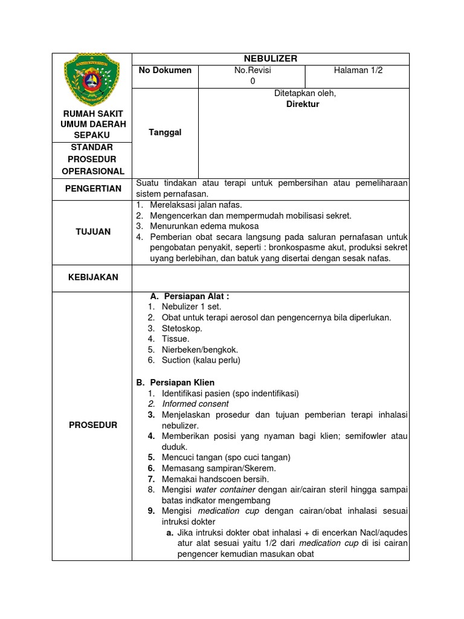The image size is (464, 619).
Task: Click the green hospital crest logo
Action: (x=92, y=79)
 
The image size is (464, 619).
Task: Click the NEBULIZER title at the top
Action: (x=270, y=59)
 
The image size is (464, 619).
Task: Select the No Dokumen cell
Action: (x=165, y=70)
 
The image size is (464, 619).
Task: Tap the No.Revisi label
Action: (x=253, y=70)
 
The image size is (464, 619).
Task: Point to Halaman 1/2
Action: (x=358, y=70)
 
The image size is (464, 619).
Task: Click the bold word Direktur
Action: (x=303, y=104)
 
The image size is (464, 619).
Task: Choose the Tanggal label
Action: (x=165, y=132)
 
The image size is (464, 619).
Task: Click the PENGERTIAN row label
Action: (x=94, y=189)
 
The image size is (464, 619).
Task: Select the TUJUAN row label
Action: (x=94, y=232)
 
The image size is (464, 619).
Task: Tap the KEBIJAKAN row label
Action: (x=94, y=277)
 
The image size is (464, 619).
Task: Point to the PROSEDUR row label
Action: (x=94, y=425)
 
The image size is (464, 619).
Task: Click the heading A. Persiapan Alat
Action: (x=189, y=296)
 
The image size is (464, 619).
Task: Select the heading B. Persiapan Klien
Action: (x=176, y=383)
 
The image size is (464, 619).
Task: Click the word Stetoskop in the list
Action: (x=182, y=328)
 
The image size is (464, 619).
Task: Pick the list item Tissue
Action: (x=175, y=339)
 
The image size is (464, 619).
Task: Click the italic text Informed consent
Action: (x=195, y=404)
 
